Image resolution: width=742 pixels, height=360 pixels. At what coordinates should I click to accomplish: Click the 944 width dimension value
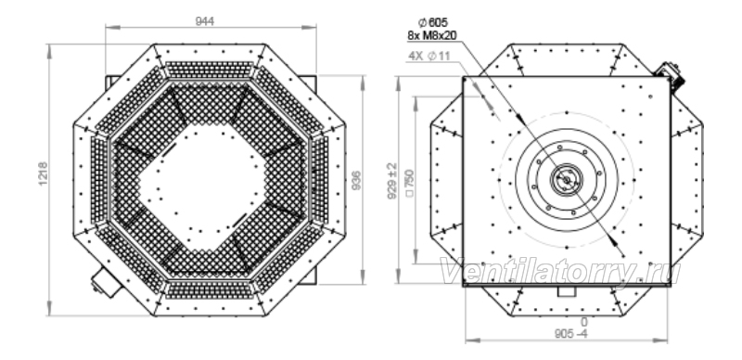[204, 20]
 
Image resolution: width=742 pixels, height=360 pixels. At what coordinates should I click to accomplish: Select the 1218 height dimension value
[43, 174]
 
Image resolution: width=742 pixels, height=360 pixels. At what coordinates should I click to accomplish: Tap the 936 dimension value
[357, 180]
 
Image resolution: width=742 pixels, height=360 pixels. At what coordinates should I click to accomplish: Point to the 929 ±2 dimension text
[392, 181]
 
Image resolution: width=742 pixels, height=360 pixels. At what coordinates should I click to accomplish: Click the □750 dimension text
[410, 183]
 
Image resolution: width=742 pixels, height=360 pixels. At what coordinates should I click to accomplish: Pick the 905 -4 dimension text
[570, 333]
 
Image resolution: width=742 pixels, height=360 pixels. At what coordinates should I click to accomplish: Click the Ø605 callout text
[432, 22]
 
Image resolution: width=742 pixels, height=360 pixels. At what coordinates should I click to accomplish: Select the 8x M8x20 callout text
[432, 35]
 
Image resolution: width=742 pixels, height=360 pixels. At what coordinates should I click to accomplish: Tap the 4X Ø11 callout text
[429, 56]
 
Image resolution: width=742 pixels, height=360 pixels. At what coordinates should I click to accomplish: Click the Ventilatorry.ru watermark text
[560, 272]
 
